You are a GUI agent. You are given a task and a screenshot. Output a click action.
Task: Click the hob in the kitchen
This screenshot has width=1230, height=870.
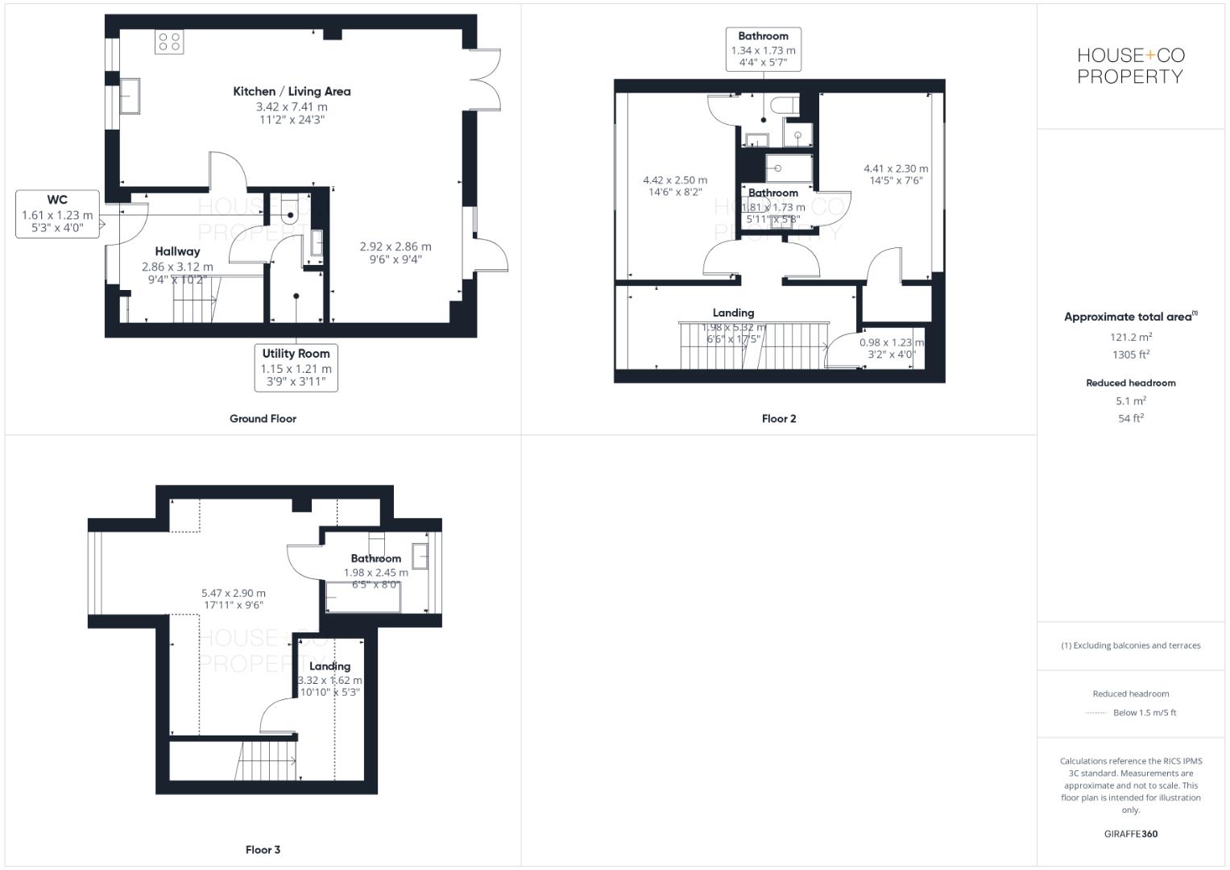pos(170,41)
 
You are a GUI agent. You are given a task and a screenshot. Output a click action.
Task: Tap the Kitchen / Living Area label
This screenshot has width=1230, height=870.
pos(292,92)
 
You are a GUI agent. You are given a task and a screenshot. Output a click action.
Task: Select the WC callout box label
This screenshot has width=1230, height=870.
pos(57,200)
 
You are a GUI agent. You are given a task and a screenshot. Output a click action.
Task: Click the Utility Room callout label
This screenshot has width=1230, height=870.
pos(296,354)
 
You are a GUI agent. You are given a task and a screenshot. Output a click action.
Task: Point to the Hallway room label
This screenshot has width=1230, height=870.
pos(177,251)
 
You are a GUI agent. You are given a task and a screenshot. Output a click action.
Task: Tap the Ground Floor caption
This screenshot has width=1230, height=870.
pos(263,419)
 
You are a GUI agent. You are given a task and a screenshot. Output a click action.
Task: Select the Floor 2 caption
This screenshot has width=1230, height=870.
pos(778,419)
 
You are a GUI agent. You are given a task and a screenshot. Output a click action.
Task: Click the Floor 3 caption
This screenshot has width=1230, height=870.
pos(263,850)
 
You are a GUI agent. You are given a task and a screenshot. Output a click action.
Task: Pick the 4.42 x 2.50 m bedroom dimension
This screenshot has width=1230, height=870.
pos(674,180)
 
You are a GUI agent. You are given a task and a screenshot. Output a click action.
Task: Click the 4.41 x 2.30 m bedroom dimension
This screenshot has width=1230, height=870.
pos(895,169)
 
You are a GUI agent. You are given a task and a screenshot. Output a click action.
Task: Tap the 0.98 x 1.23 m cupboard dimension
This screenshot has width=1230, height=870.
pos(891,342)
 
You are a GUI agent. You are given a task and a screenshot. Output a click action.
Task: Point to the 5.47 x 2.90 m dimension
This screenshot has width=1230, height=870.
pos(234,594)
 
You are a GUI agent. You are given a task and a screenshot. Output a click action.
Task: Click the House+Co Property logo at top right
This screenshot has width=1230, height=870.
pos(1130,66)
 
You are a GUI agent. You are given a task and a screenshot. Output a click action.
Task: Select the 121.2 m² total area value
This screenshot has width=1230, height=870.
pos(1130,338)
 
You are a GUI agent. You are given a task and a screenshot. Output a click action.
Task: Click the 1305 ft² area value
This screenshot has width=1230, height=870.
pos(1130,355)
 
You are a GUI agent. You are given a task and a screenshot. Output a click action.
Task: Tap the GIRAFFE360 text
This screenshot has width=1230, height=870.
pos(1130,835)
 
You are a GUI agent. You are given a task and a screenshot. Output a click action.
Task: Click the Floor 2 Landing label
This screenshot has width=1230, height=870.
pos(733,313)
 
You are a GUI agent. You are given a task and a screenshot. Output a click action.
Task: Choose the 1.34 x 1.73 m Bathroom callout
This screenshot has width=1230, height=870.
pos(763,50)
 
